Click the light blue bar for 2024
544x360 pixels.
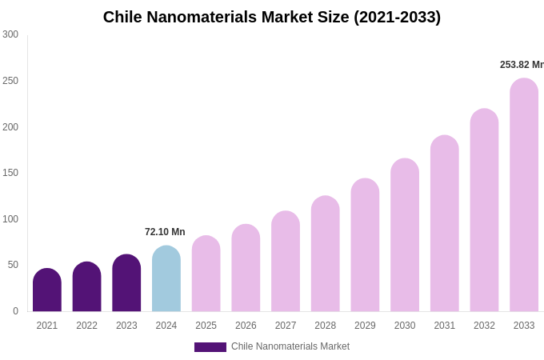pyautogui.click(x=166, y=279)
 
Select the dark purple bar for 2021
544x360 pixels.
pyautogui.click(x=47, y=290)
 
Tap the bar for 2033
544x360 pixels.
pyautogui.click(x=524, y=195)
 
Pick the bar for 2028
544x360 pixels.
pyautogui.click(x=326, y=254)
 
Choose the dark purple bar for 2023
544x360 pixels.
pyautogui.click(x=126, y=283)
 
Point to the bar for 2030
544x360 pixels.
pyautogui.click(x=405, y=235)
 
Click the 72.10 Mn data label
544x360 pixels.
pyautogui.click(x=165, y=232)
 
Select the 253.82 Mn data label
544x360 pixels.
pyautogui.click(x=522, y=65)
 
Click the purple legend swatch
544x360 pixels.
pyautogui.click(x=210, y=347)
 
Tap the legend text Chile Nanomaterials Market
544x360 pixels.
pyautogui.click(x=290, y=346)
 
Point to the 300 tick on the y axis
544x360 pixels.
pyautogui.click(x=10, y=34)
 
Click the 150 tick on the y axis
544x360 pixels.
pyautogui.click(x=10, y=173)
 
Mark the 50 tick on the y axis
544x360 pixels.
pyautogui.click(x=13, y=265)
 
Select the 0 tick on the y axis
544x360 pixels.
pyautogui.click(x=15, y=311)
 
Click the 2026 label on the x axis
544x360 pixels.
pyautogui.click(x=246, y=326)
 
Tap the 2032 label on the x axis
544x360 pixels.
pyautogui.click(x=484, y=326)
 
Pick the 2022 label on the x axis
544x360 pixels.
pyautogui.click(x=87, y=326)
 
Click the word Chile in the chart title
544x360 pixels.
pyautogui.click(x=124, y=17)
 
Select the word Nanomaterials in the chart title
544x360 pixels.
pyautogui.click(x=203, y=17)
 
